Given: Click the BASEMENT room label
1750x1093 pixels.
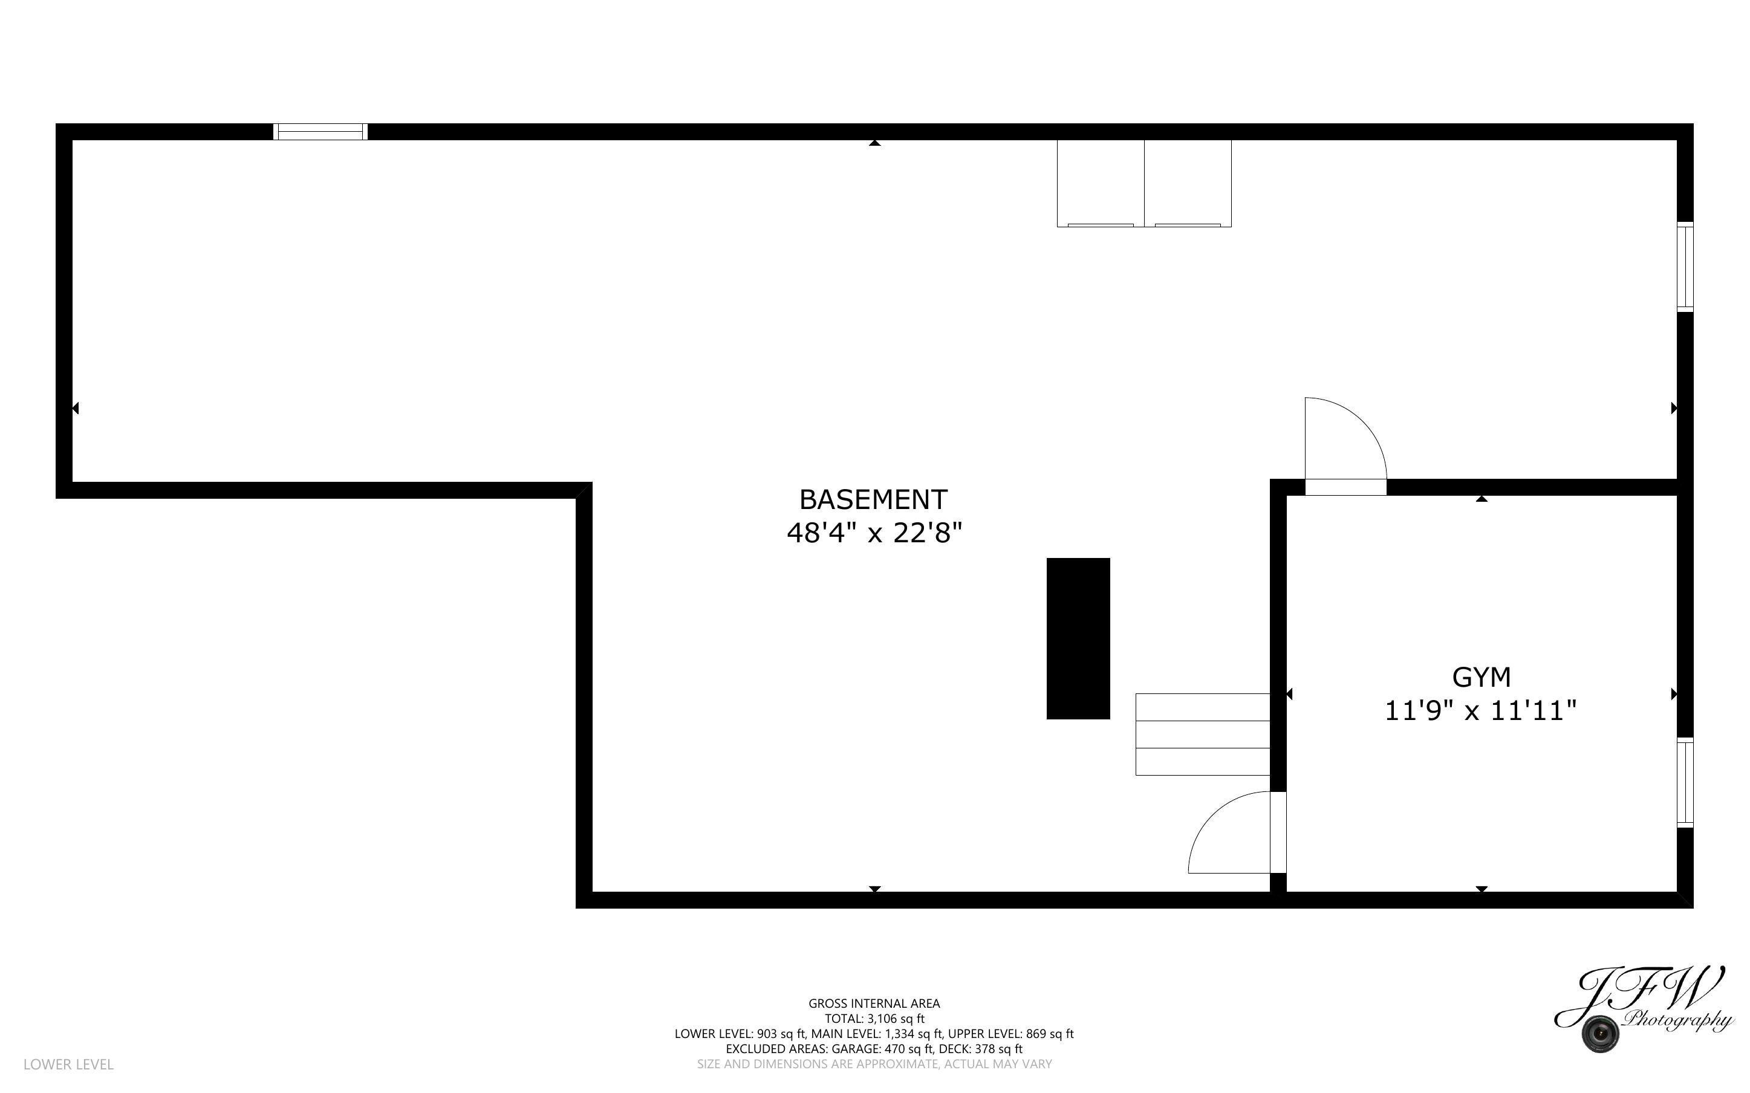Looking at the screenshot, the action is [873, 499].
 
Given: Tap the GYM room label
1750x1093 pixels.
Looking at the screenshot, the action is [1481, 677].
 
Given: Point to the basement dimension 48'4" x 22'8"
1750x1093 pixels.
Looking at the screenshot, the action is [874, 533].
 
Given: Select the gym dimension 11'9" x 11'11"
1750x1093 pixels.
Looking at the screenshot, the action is [1480, 710].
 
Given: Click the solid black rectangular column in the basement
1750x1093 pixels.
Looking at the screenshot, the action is [1078, 638].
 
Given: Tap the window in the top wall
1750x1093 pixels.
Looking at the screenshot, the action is [320, 132].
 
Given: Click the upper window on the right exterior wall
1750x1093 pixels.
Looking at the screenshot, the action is [1685, 267].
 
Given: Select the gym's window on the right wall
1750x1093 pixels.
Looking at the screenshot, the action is [1685, 782].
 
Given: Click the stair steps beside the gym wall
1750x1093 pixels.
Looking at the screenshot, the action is [1203, 735].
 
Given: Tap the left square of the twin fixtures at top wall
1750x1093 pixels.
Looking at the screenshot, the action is [1100, 184].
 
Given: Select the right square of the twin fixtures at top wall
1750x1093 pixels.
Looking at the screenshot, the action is [1188, 184].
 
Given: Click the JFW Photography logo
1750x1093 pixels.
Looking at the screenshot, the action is [1642, 1009].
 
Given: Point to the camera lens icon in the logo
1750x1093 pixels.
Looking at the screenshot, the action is [1599, 1034].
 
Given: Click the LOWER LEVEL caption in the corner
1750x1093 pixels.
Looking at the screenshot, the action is [69, 1064].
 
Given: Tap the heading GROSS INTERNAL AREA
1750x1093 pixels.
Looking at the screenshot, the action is [874, 1004].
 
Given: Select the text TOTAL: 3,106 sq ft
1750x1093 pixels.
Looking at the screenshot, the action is [874, 1019].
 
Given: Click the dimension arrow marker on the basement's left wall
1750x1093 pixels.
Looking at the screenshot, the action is [75, 409].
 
